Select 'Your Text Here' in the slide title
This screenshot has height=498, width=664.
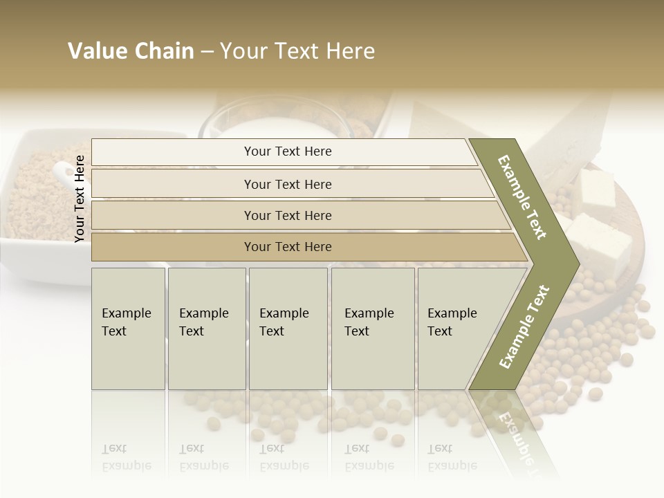(x=297, y=51)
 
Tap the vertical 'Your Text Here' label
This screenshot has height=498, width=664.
(x=80, y=199)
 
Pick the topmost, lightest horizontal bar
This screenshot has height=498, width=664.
(x=288, y=151)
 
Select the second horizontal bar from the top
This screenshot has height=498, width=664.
(x=288, y=184)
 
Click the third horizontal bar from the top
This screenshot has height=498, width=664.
(x=288, y=215)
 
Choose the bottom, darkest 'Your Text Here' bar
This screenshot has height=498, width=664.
(x=288, y=247)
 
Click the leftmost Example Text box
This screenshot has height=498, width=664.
(x=128, y=329)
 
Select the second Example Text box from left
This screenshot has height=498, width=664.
(x=206, y=329)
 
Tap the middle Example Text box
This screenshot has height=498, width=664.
(x=288, y=329)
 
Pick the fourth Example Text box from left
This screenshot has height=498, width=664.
(x=373, y=329)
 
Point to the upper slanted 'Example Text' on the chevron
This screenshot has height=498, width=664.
(x=523, y=197)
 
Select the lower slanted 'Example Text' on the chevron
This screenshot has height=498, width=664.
(x=524, y=327)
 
